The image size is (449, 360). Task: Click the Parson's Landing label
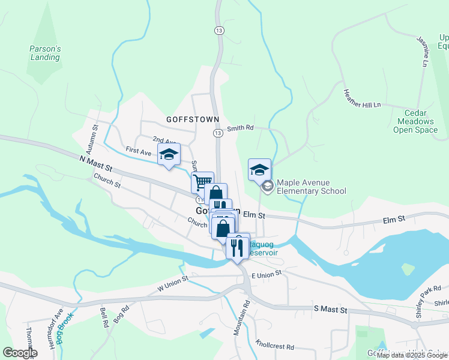coord(45,53)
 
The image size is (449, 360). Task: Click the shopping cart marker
coord(202,181)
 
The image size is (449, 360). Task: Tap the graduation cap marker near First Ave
coord(169,154)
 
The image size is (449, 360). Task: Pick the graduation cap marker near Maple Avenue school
coord(259,169)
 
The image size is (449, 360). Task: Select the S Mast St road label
coord(331,309)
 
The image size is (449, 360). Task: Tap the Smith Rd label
coord(240,128)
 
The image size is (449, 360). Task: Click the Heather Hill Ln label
coord(362,98)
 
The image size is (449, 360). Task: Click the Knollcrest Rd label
coord(274,346)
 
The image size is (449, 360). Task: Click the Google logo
coord(20,353)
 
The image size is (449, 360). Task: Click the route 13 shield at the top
coord(218,30)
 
